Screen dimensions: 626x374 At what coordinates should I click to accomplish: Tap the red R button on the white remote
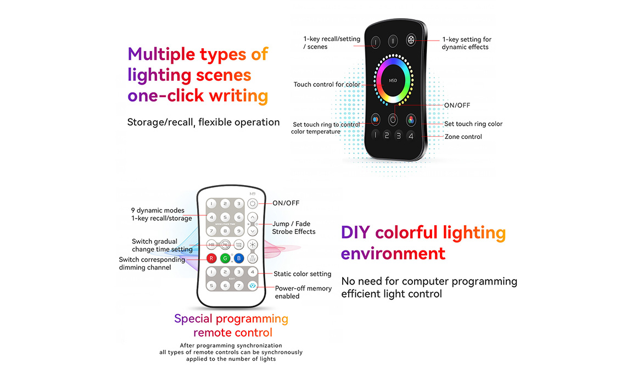click(211, 258)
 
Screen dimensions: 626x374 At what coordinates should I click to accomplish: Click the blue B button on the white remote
click(239, 258)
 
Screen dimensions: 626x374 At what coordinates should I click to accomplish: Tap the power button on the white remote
click(252, 204)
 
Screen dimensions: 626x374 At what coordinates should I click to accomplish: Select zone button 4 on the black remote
click(410, 136)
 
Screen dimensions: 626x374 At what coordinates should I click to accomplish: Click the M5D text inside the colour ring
click(393, 81)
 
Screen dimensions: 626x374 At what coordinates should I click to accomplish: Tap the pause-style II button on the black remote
click(393, 41)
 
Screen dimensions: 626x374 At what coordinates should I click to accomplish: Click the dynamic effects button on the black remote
click(411, 40)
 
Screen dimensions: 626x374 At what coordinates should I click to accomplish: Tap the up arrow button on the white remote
click(252, 217)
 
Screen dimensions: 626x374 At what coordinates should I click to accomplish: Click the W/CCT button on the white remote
click(252, 258)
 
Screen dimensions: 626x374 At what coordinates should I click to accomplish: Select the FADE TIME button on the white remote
click(239, 245)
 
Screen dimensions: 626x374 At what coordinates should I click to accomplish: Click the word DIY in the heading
click(355, 232)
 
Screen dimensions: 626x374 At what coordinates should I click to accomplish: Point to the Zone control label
click(463, 137)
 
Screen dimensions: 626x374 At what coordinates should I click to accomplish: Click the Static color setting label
click(302, 274)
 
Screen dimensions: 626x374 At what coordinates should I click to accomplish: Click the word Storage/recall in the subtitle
click(160, 122)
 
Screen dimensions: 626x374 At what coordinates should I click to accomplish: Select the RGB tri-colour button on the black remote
click(411, 120)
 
